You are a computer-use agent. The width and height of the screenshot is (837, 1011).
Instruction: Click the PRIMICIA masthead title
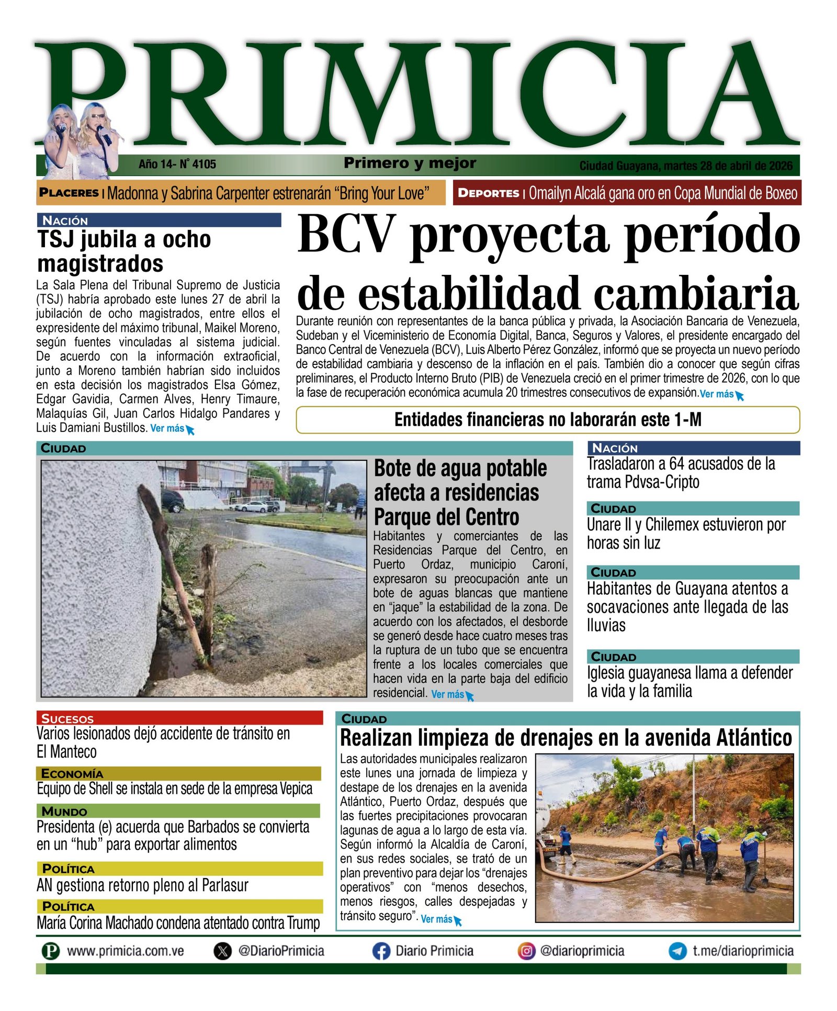[418, 94]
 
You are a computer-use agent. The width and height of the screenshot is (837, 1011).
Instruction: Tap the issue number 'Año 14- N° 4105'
[177, 164]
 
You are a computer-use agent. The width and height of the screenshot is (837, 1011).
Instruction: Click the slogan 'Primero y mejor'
[410, 163]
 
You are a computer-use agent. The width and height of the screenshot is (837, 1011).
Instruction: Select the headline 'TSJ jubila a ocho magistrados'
[124, 251]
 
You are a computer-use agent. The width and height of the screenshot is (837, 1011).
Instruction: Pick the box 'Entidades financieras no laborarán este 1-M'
[548, 420]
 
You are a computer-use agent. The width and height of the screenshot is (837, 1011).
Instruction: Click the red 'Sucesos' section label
[67, 718]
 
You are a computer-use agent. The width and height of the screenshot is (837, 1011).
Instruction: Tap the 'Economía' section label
[72, 773]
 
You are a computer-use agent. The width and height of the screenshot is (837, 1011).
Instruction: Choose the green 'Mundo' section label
[64, 812]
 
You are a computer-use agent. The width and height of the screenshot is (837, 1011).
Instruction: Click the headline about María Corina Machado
[178, 923]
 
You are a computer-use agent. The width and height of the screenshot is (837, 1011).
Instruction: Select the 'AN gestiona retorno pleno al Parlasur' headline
[142, 885]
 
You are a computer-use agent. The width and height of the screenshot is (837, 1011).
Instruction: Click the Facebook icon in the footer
[381, 951]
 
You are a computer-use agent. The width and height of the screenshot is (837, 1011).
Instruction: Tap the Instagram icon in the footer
[526, 951]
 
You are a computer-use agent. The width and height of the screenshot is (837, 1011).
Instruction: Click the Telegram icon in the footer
[677, 951]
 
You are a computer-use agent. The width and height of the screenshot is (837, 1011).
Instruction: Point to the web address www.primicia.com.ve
[126, 951]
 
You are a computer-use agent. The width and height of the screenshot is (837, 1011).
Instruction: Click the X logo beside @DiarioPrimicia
[223, 951]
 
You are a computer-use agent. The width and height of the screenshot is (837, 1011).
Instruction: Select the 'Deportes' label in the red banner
[488, 193]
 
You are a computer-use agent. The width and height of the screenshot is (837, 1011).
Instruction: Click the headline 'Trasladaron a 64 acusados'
[680, 472]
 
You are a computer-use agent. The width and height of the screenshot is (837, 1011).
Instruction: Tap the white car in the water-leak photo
[252, 506]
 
